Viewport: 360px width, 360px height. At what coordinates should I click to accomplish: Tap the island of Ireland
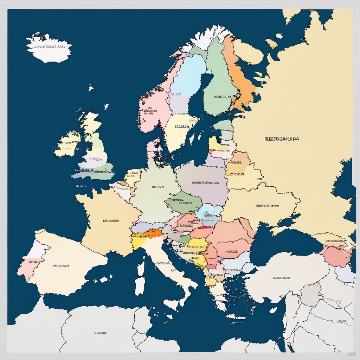pyautogui.click(x=67, y=144)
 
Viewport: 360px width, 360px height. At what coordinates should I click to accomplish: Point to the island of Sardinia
pyautogui.click(x=140, y=283)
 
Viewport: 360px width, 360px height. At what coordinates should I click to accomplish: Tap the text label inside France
pyautogui.click(x=111, y=221)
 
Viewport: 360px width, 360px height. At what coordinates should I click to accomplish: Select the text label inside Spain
pyautogui.click(x=60, y=266)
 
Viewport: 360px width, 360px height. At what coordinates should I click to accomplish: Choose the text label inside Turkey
pyautogui.click(x=281, y=278)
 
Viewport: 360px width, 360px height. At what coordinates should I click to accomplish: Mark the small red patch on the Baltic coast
pyautogui.click(x=211, y=152)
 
